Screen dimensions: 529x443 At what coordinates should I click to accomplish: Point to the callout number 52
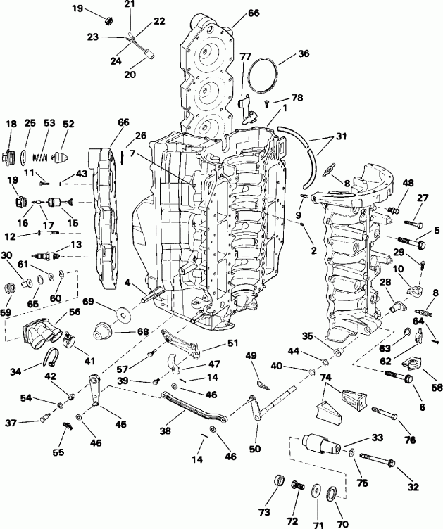click(68, 124)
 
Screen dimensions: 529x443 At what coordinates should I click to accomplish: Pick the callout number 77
click(245, 56)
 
